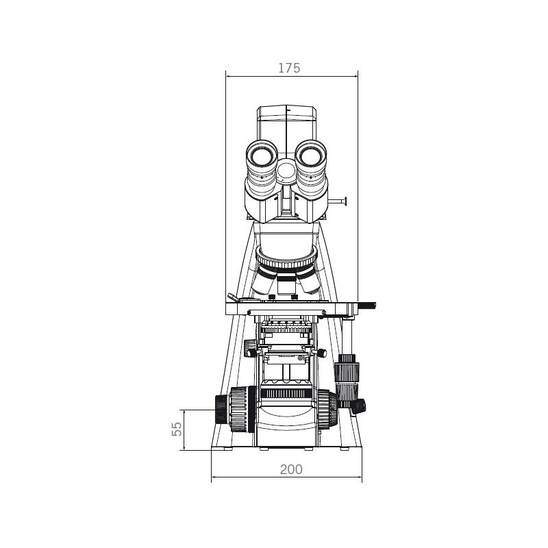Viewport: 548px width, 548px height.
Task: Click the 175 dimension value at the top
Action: tap(289, 68)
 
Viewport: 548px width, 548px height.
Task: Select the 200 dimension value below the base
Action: tap(290, 469)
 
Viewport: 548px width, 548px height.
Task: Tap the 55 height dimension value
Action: tap(177, 429)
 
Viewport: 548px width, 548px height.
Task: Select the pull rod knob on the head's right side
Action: tap(345, 201)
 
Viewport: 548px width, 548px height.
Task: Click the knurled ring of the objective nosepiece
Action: tap(286, 260)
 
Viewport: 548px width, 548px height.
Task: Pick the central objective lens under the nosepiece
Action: tap(286, 282)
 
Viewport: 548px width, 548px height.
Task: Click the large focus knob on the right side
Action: tap(327, 409)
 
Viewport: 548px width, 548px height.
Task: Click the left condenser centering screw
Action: tap(253, 353)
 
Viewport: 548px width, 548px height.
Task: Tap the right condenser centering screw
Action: tap(320, 353)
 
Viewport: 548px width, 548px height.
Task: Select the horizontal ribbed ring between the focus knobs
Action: tap(286, 393)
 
